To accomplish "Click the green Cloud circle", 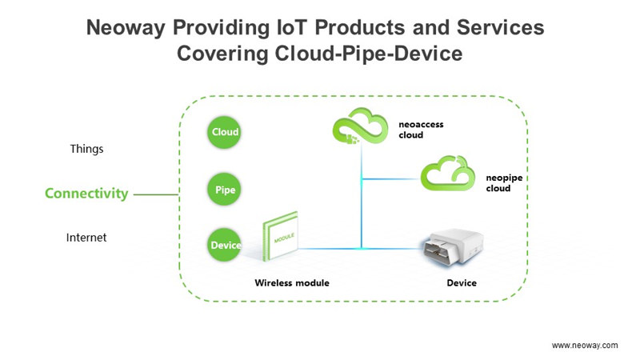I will pyautogui.click(x=226, y=133).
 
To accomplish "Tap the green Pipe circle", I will pyautogui.click(x=226, y=190).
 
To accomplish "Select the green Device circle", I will pyautogui.click(x=226, y=246).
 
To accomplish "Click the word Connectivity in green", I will pyautogui.click(x=86, y=193).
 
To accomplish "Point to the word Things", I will pyautogui.click(x=87, y=149).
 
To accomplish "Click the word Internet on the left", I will pyautogui.click(x=87, y=238).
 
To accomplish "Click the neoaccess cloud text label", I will pyautogui.click(x=421, y=130).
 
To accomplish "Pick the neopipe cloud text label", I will pyautogui.click(x=504, y=183).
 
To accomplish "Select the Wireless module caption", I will pyautogui.click(x=292, y=283).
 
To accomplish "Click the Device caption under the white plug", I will pyautogui.click(x=461, y=283).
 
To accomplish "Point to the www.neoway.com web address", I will pyautogui.click(x=585, y=345).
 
